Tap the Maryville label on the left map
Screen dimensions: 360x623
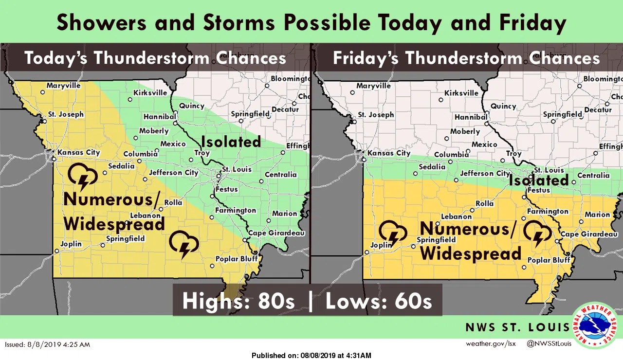[x=63, y=86]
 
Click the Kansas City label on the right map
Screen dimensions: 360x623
[x=388, y=153]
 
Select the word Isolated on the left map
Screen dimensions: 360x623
[x=231, y=142]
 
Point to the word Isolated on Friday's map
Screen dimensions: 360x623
[x=539, y=180]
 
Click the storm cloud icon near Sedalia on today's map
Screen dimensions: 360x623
[x=82, y=177]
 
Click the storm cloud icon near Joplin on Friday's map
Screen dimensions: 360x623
[x=393, y=233]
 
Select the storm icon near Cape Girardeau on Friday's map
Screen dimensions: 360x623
[x=537, y=234]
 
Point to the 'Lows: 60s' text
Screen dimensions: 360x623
[x=379, y=301]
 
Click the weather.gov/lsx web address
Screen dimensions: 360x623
[x=490, y=344]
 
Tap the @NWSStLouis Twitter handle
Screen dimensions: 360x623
[x=549, y=344]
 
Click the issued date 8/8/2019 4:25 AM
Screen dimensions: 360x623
[x=47, y=344]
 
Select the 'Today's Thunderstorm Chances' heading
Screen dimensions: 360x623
[x=155, y=58]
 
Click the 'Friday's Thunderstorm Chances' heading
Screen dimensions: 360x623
[x=466, y=58]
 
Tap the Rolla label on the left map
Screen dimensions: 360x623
[x=173, y=203]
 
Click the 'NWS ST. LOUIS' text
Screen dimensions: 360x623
[x=517, y=327]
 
